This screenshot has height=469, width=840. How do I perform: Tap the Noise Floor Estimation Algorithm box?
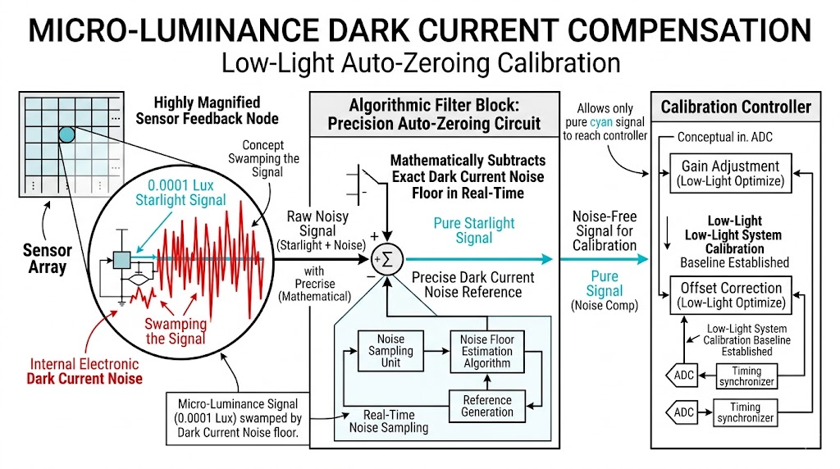point(486,350)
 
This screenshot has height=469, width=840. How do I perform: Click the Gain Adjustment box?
point(730,174)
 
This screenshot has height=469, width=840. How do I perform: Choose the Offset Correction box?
point(730,295)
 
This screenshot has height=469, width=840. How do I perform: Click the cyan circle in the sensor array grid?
point(66,134)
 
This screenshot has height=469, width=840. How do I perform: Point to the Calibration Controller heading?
point(736,107)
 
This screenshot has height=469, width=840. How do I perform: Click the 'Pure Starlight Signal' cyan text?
point(473,230)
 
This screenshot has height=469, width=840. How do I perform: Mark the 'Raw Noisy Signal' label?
point(317,224)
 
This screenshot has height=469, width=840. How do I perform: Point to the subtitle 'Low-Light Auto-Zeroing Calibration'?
point(420,64)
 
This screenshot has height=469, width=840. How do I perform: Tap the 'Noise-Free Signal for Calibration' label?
point(605,231)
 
